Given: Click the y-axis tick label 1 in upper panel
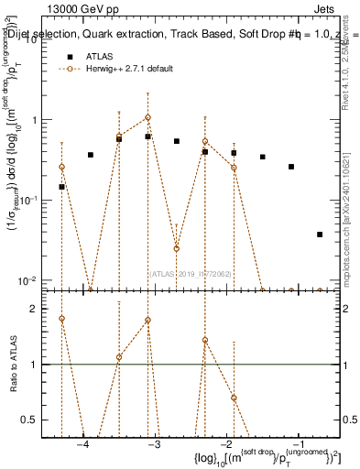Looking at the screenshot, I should [36, 119].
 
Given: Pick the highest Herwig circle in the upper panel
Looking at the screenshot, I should [147, 117].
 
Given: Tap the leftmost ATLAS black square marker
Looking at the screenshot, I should [61, 187].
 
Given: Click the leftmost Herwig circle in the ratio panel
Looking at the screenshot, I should [61, 319].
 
